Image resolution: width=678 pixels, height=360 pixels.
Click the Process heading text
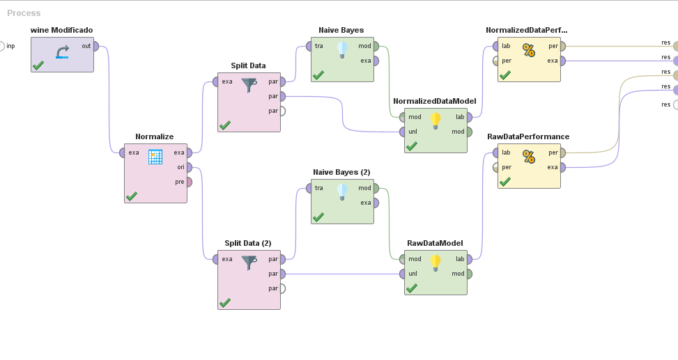(24, 13)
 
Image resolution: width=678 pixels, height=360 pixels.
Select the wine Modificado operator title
(61, 30)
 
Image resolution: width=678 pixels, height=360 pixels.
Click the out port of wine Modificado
(95, 47)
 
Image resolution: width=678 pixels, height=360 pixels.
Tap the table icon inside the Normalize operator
(155, 157)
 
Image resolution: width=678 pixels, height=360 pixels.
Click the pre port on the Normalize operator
(189, 182)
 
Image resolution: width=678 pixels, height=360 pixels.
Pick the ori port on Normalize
(189, 167)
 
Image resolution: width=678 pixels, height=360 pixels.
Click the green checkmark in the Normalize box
(131, 196)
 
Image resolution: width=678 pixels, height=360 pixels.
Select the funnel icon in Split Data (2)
(249, 263)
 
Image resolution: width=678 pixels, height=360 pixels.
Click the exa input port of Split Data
(217, 81)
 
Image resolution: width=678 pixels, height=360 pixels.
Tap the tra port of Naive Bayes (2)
(310, 188)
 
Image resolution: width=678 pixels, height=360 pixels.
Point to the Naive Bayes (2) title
(341, 172)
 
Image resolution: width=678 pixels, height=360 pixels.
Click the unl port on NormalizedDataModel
(403, 131)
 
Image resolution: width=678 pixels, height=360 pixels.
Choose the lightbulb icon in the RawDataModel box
(436, 262)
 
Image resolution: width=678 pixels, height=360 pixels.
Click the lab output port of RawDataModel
(469, 259)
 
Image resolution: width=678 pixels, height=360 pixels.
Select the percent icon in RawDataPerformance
(529, 157)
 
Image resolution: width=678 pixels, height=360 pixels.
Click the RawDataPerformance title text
(527, 136)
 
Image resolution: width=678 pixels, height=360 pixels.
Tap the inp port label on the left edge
(11, 47)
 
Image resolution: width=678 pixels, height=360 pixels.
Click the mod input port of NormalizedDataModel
(403, 117)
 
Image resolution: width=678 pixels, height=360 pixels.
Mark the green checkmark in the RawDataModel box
(411, 288)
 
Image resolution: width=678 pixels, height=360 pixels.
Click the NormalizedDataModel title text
(434, 101)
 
